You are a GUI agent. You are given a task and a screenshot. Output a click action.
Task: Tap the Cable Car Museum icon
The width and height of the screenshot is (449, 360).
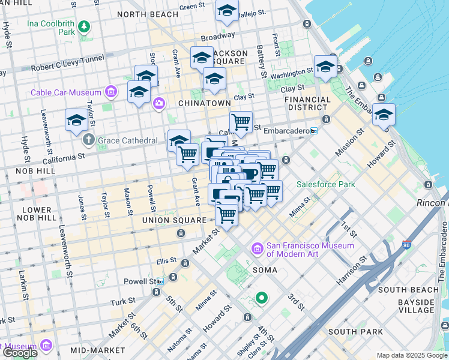[x=110, y=92]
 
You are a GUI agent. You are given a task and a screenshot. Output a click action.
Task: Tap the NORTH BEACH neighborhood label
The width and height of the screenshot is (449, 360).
[x=148, y=14]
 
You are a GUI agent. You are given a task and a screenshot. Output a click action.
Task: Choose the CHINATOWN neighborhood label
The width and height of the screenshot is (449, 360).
[x=205, y=103]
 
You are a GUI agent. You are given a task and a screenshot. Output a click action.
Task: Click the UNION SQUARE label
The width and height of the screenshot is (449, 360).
[x=174, y=220]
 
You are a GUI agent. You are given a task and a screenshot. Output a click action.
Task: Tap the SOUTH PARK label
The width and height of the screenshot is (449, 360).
[x=355, y=331]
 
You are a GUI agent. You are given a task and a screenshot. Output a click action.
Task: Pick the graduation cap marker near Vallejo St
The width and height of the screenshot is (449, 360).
[x=227, y=11]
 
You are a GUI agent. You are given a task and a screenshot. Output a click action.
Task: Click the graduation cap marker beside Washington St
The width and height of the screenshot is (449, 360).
[x=325, y=67]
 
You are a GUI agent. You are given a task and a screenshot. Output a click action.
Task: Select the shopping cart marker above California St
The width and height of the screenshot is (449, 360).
[x=241, y=122]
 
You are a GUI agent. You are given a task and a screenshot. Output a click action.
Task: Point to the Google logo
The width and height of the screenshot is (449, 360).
[x=19, y=352]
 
